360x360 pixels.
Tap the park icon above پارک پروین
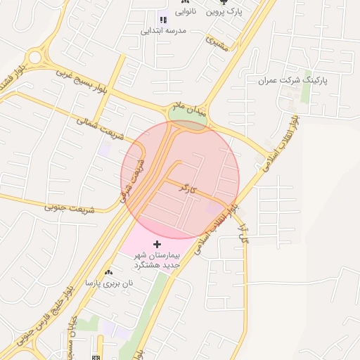(x=224, y=2)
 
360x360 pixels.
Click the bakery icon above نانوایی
(x=184, y=2)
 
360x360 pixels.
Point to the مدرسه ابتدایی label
(x=163, y=30)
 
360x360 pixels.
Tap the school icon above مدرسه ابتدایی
(x=163, y=20)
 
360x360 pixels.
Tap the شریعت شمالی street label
(x=100, y=127)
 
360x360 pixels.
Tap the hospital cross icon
(x=157, y=243)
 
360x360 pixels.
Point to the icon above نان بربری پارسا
(x=108, y=272)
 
